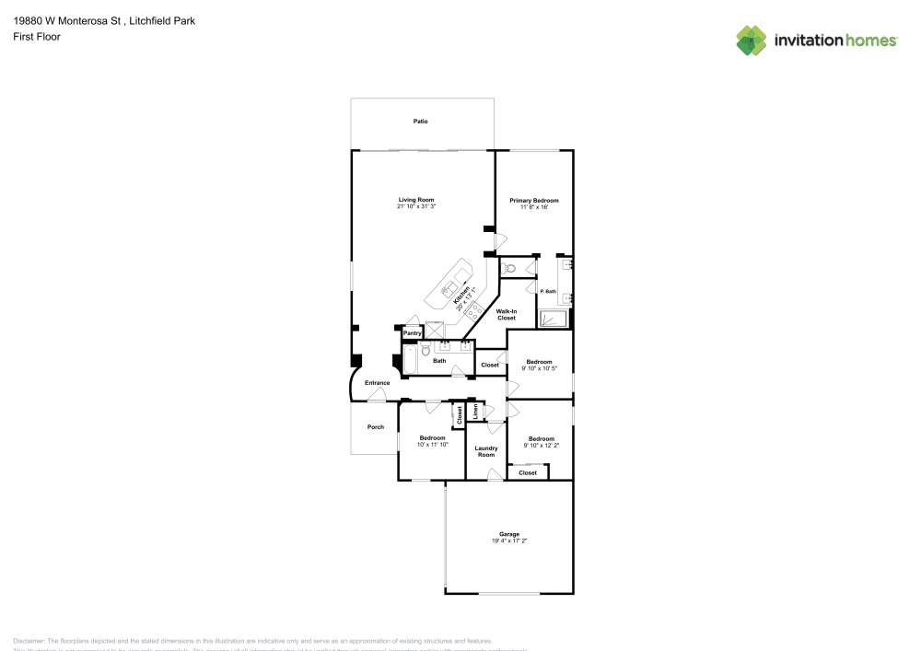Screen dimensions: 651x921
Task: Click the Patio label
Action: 420,122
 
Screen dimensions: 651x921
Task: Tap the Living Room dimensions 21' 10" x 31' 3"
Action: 416,207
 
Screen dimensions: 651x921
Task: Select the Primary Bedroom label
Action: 534,200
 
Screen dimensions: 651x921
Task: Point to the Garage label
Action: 509,534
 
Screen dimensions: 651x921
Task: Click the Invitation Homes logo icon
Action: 752,41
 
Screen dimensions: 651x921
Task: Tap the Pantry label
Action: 413,332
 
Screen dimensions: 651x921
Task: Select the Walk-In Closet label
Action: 507,315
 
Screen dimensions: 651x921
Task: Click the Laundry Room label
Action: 485,451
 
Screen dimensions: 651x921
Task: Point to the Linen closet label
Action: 475,412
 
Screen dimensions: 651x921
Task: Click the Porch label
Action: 376,426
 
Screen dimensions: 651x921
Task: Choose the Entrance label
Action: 378,382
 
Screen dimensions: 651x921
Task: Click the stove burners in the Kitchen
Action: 475,311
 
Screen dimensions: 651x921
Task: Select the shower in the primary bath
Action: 553,320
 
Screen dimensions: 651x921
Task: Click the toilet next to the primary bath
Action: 509,268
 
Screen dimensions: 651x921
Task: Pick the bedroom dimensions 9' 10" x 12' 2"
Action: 542,445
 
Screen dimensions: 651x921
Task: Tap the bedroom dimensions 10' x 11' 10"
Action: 432,444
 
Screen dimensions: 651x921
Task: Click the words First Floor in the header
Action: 37,37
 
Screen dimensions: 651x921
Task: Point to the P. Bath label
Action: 548,291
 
